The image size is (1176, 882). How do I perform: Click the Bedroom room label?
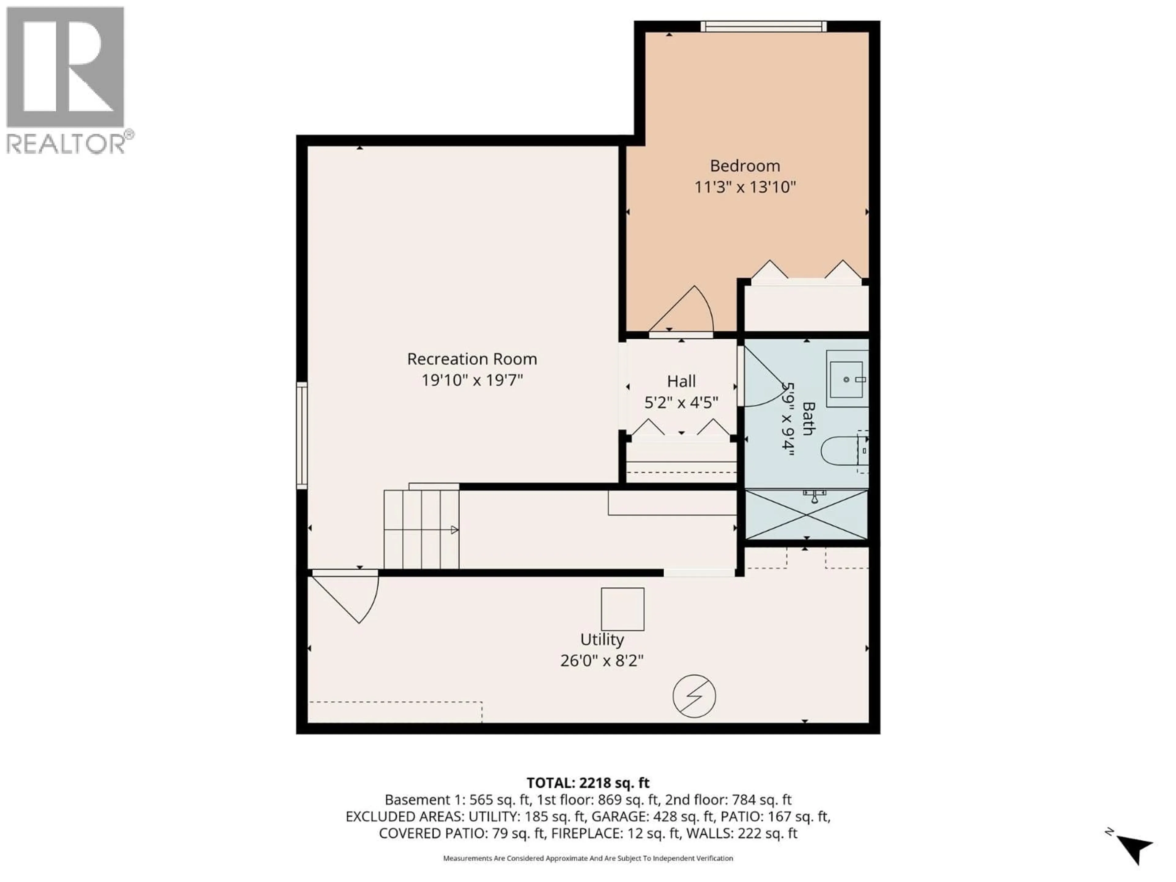(745, 166)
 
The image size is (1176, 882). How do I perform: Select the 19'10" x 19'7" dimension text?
(472, 381)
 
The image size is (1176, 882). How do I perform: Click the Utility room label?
(602, 639)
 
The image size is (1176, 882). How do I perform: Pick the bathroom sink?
(846, 379)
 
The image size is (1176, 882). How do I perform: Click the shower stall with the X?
(806, 514)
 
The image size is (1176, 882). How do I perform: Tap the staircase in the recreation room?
(421, 529)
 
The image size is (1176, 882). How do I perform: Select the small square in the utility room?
(623, 609)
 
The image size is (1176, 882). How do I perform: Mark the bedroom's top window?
(763, 26)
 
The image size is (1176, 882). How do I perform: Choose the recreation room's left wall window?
(301, 435)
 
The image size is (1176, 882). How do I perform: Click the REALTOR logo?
(66, 80)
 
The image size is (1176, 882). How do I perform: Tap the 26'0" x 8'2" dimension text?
(602, 661)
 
